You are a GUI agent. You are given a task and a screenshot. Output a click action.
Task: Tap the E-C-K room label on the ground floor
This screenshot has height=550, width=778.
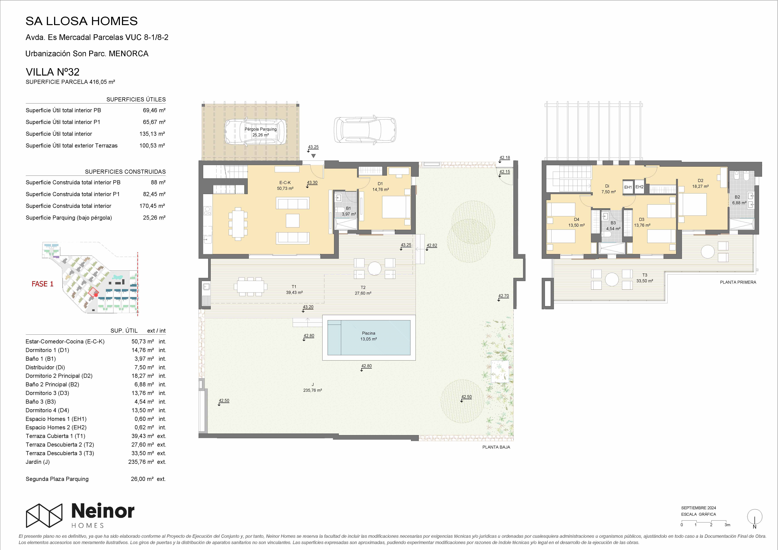285,182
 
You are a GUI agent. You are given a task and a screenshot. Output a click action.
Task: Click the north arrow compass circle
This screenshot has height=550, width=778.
755,516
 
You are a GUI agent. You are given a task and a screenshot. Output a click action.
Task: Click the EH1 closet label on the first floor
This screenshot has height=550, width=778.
628,187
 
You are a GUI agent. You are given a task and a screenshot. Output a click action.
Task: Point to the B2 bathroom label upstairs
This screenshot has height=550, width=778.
737,197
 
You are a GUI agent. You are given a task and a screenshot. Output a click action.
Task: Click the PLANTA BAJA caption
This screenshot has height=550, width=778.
496,447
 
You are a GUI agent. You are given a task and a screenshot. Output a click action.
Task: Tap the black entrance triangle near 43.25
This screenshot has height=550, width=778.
313,156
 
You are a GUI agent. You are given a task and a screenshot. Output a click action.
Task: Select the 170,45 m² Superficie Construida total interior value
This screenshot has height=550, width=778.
152,206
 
